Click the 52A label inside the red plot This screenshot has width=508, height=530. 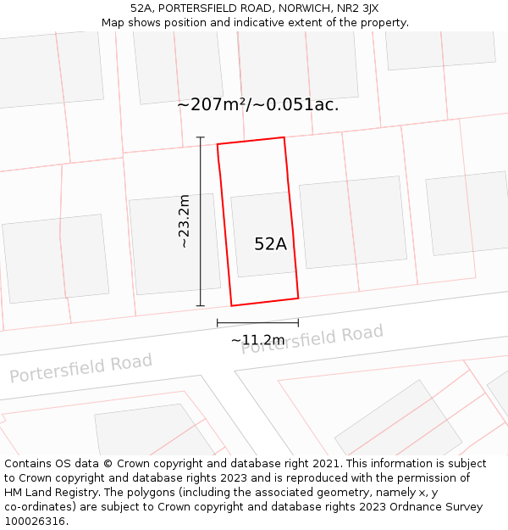[x=270, y=244]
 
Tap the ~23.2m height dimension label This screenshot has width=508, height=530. [x=184, y=221]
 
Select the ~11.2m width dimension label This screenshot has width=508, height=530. [x=257, y=340]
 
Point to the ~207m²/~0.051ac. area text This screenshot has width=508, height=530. [x=258, y=105]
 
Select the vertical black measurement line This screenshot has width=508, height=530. [x=201, y=254]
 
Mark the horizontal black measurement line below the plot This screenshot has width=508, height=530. [x=257, y=322]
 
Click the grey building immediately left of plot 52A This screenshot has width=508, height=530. [x=174, y=244]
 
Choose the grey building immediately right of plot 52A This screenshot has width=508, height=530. [x=352, y=222]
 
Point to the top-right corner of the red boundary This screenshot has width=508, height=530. [x=284, y=137]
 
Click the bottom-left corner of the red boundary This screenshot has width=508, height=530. [x=231, y=305]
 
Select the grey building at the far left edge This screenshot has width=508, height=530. [x=56, y=258]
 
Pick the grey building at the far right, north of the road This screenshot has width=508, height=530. [x=468, y=213]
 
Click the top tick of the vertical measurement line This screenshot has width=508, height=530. [x=201, y=137]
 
